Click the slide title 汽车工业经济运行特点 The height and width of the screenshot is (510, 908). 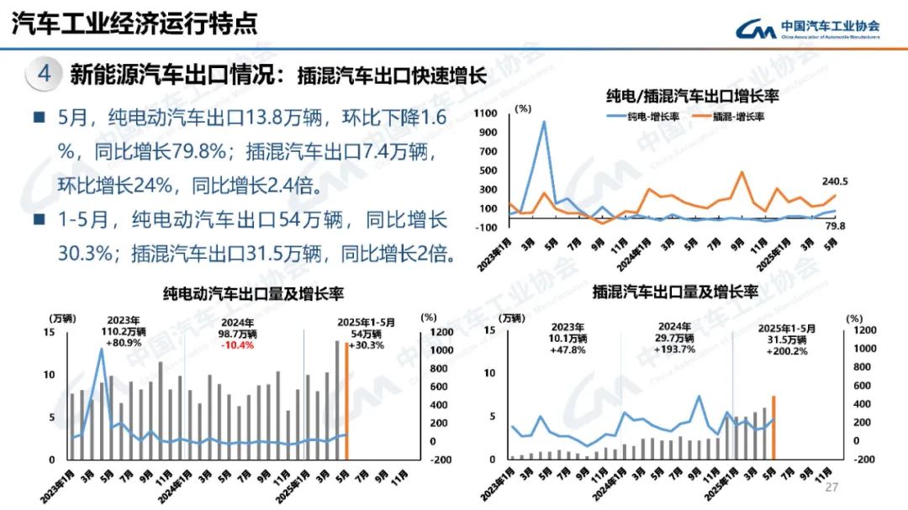[x=134, y=23]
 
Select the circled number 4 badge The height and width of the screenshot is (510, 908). [x=45, y=74]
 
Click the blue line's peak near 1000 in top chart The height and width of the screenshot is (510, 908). [x=543, y=122]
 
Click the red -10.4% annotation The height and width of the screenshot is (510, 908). [x=238, y=345]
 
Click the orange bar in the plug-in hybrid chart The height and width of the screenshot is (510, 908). [x=773, y=428]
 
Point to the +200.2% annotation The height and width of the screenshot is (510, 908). [x=787, y=351]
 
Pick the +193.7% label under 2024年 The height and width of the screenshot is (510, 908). [x=675, y=349]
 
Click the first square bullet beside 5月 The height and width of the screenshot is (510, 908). [x=39, y=117]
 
